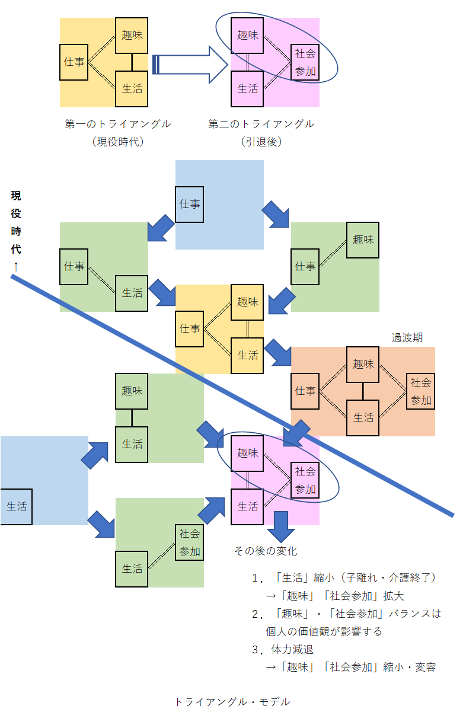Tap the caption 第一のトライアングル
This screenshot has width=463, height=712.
[x=118, y=124]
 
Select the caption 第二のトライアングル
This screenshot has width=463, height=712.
[x=261, y=124]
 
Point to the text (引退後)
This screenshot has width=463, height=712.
[x=261, y=142]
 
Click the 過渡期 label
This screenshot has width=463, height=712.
[x=407, y=337]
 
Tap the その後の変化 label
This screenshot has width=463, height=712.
[x=265, y=551]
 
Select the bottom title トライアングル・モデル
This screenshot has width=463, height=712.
[x=232, y=701]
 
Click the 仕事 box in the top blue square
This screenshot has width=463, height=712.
[x=190, y=204]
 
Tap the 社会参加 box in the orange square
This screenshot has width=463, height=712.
[x=420, y=391]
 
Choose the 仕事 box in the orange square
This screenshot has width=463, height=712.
[x=305, y=391]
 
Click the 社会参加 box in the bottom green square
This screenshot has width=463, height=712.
[x=190, y=542]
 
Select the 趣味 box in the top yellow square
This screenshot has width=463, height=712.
[x=132, y=36]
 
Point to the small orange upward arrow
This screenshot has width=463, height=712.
[x=16, y=267]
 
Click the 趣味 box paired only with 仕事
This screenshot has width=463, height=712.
[x=363, y=240]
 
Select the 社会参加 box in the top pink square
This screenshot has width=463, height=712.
[x=305, y=62]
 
